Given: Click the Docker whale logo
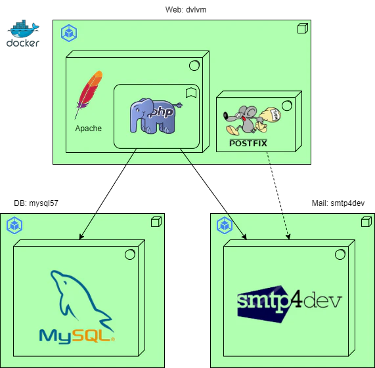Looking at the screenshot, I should (24, 32).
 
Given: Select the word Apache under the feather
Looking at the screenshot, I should (89, 128).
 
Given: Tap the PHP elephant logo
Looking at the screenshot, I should (152, 115).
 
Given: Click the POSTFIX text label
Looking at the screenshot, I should (248, 142).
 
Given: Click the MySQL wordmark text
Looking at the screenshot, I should (77, 336).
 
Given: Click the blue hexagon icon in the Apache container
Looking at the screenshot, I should (68, 33).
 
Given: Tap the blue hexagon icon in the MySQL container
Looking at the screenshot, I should (14, 226).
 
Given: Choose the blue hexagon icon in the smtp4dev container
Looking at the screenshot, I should (225, 226).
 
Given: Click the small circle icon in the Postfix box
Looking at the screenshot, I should (287, 105).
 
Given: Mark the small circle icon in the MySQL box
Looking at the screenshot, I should (130, 254).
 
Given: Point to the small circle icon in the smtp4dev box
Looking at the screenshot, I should (340, 254).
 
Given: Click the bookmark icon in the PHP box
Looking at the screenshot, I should (190, 92).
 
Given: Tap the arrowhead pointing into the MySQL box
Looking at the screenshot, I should (81, 237).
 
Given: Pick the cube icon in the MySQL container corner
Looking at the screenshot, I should (156, 222).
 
